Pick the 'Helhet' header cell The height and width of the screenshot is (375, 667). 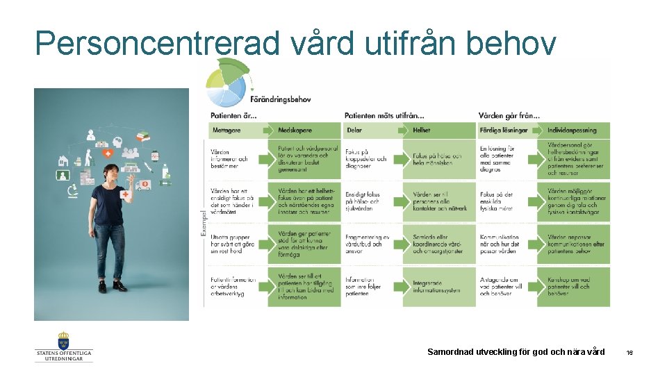[x=422, y=130]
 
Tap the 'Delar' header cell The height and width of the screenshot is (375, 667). [x=354, y=130]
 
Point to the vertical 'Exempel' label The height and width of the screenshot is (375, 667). [x=203, y=222]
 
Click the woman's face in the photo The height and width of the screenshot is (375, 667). [x=111, y=173]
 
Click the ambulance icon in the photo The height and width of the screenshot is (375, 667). [x=143, y=185]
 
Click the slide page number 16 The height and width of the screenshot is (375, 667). [x=629, y=353]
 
